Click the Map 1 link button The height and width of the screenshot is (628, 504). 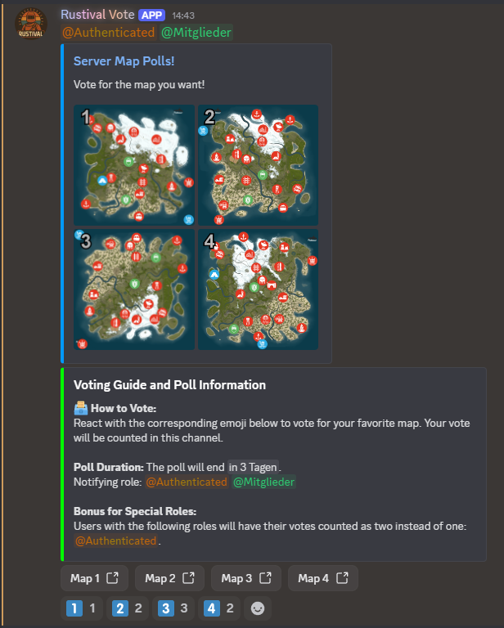click(x=94, y=578)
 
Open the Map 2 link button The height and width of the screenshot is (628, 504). click(x=169, y=578)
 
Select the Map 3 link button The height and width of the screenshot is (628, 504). click(x=246, y=578)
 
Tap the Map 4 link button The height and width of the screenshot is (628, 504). click(x=323, y=578)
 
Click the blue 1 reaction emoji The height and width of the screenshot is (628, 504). click(x=74, y=608)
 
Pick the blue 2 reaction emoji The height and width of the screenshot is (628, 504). click(x=119, y=608)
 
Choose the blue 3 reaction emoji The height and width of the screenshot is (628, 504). click(x=165, y=608)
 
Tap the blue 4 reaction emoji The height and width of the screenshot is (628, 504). click(x=212, y=608)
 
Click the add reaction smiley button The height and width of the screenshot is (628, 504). click(x=258, y=608)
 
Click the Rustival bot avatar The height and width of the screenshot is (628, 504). click(x=31, y=24)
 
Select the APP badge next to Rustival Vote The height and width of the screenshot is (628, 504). click(x=152, y=16)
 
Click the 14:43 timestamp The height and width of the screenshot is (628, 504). click(x=183, y=16)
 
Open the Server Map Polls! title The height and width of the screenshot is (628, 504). click(x=124, y=61)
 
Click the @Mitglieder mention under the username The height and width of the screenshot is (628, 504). click(x=196, y=33)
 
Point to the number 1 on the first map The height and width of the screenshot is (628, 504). click(x=85, y=118)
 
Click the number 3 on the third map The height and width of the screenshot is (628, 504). click(x=86, y=241)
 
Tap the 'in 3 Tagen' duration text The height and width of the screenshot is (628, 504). click(x=253, y=467)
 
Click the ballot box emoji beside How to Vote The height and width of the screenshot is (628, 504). click(x=80, y=408)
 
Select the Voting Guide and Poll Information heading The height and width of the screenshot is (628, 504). click(x=169, y=385)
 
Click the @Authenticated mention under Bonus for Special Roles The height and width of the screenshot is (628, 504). click(x=116, y=541)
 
